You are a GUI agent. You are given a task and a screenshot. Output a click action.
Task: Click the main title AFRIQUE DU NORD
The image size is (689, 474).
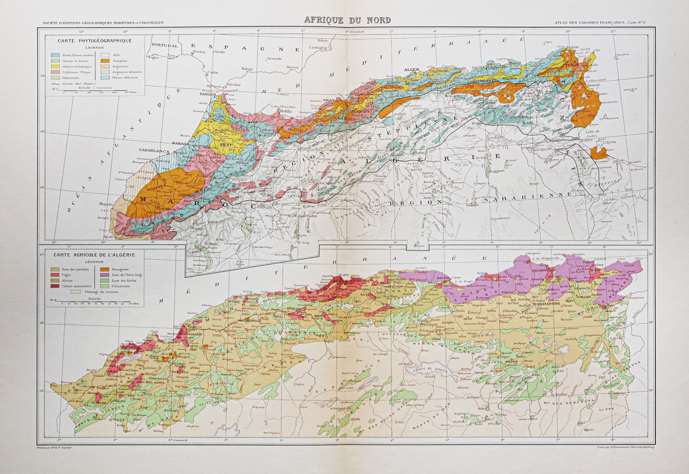tap(347, 20)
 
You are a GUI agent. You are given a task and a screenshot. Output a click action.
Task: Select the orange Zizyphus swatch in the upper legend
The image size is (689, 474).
tap(105, 61)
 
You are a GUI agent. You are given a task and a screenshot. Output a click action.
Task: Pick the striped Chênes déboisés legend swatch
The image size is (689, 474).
tap(105, 78)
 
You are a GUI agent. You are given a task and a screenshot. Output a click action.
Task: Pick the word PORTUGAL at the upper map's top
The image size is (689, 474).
tap(165, 45)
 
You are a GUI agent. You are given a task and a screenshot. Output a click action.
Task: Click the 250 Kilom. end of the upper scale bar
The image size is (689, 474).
tap(131, 91)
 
